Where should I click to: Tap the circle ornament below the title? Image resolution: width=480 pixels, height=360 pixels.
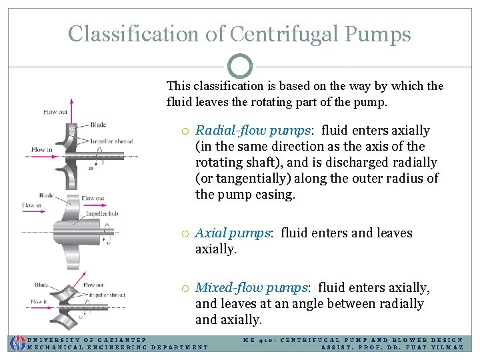[x=240, y=67]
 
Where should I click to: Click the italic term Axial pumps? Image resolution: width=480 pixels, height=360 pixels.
[x=233, y=233]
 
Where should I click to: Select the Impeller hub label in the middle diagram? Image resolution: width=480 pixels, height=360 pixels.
[x=101, y=214]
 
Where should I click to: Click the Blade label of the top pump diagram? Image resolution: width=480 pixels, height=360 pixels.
[x=97, y=125]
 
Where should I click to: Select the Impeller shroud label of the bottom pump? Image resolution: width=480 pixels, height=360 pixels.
[x=107, y=295]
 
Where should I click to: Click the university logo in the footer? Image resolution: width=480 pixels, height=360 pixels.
[x=16, y=343]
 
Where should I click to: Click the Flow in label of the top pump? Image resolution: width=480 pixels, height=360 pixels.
[x=42, y=149]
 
